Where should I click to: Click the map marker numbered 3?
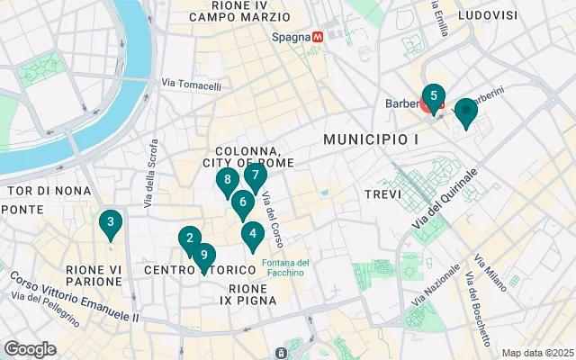click(x=110, y=222)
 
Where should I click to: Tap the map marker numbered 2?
click(x=189, y=238)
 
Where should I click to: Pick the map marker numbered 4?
click(x=253, y=235)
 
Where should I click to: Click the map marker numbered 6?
click(x=242, y=202)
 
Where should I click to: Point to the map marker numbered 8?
click(x=228, y=180)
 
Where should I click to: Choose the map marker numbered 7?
click(x=256, y=175)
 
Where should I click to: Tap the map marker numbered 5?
click(x=433, y=95)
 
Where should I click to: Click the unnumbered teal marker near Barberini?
click(x=465, y=112)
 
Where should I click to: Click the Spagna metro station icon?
click(x=316, y=39)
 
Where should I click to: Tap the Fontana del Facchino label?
click(x=286, y=268)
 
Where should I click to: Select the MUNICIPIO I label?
click(x=371, y=139)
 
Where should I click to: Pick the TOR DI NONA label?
click(x=44, y=191)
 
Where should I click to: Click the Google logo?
click(x=31, y=348)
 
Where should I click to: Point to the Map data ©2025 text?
click(x=537, y=352)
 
